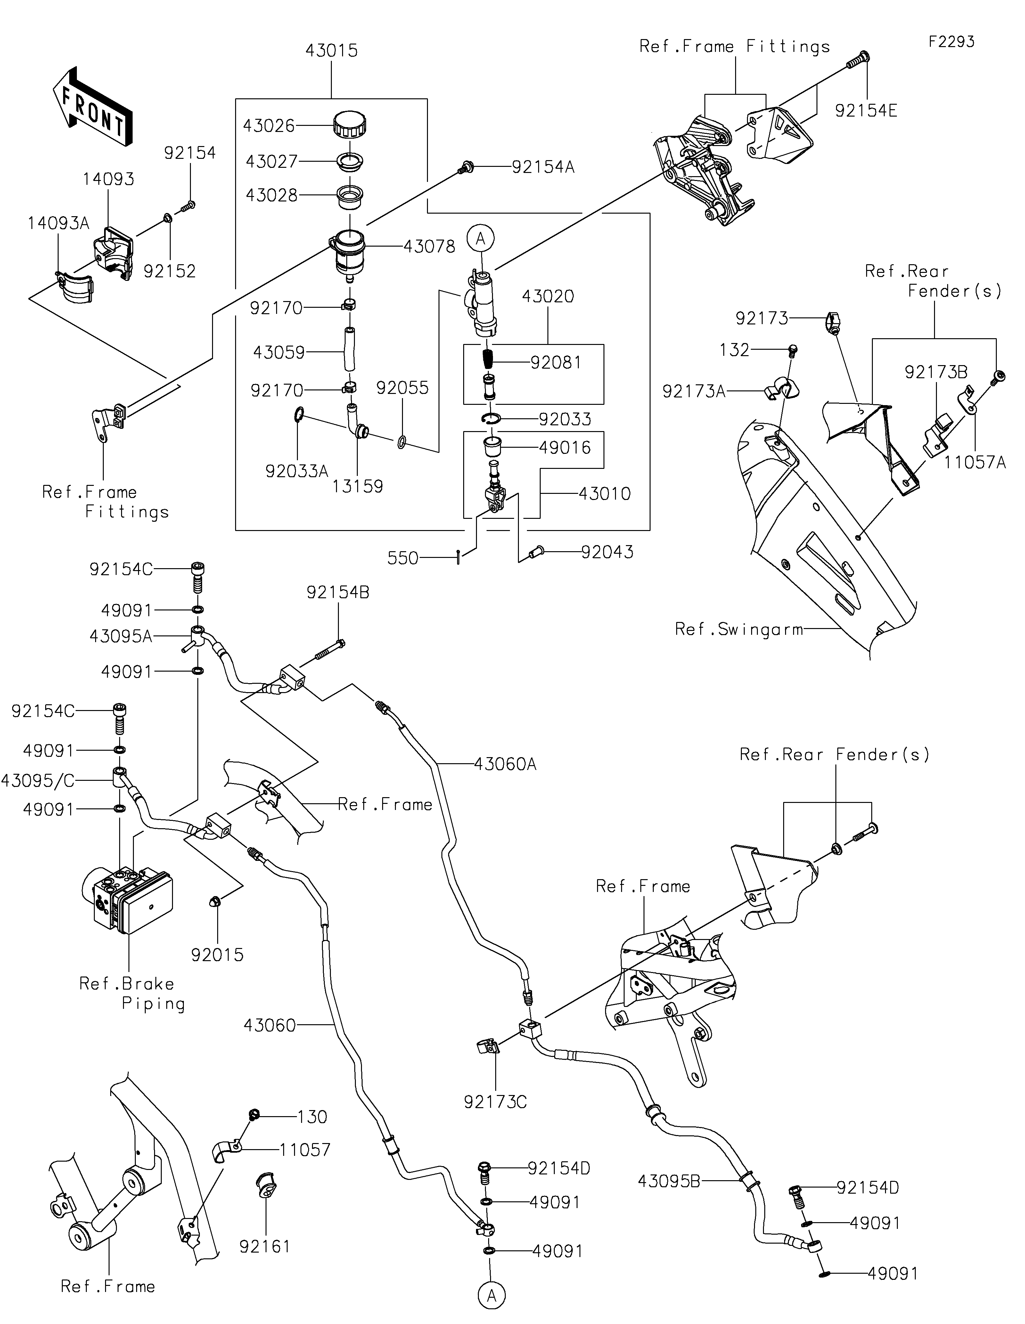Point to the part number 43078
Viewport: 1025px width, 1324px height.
point(429,247)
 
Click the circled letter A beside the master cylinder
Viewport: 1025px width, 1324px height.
point(481,239)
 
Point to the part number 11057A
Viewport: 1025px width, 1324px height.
point(974,462)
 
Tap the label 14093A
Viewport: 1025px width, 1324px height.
point(58,224)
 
